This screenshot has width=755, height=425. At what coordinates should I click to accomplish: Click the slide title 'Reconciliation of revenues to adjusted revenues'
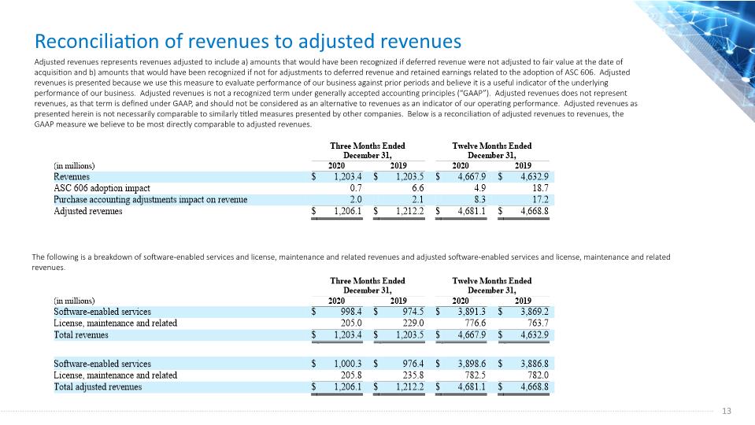248,42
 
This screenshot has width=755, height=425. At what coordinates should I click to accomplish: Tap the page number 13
727,411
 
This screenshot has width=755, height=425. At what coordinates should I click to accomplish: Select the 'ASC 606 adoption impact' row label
102,188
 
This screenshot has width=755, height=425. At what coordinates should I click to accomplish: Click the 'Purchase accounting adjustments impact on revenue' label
150,200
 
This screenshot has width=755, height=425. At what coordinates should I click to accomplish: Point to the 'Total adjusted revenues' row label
98,387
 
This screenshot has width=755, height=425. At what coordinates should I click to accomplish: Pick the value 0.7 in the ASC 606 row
356,188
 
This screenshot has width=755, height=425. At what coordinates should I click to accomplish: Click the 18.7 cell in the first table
540,188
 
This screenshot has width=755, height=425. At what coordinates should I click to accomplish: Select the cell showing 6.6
418,188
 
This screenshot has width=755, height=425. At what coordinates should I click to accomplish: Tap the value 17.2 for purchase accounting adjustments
540,200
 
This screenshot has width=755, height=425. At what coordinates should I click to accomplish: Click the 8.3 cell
480,200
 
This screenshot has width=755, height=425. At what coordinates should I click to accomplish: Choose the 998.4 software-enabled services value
351,312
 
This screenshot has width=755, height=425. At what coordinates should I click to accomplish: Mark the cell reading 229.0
413,323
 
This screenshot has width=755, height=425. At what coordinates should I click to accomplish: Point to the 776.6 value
476,323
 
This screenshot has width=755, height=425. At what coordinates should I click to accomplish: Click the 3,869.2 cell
535,312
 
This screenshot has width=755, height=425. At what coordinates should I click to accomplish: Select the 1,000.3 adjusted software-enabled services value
348,364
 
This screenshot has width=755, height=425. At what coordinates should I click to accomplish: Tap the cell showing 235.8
413,375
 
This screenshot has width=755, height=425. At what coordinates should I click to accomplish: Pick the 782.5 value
476,375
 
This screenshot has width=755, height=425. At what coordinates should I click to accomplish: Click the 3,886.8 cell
535,364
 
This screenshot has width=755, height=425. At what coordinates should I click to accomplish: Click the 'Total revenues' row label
81,335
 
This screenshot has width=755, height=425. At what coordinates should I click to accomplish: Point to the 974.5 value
413,312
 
